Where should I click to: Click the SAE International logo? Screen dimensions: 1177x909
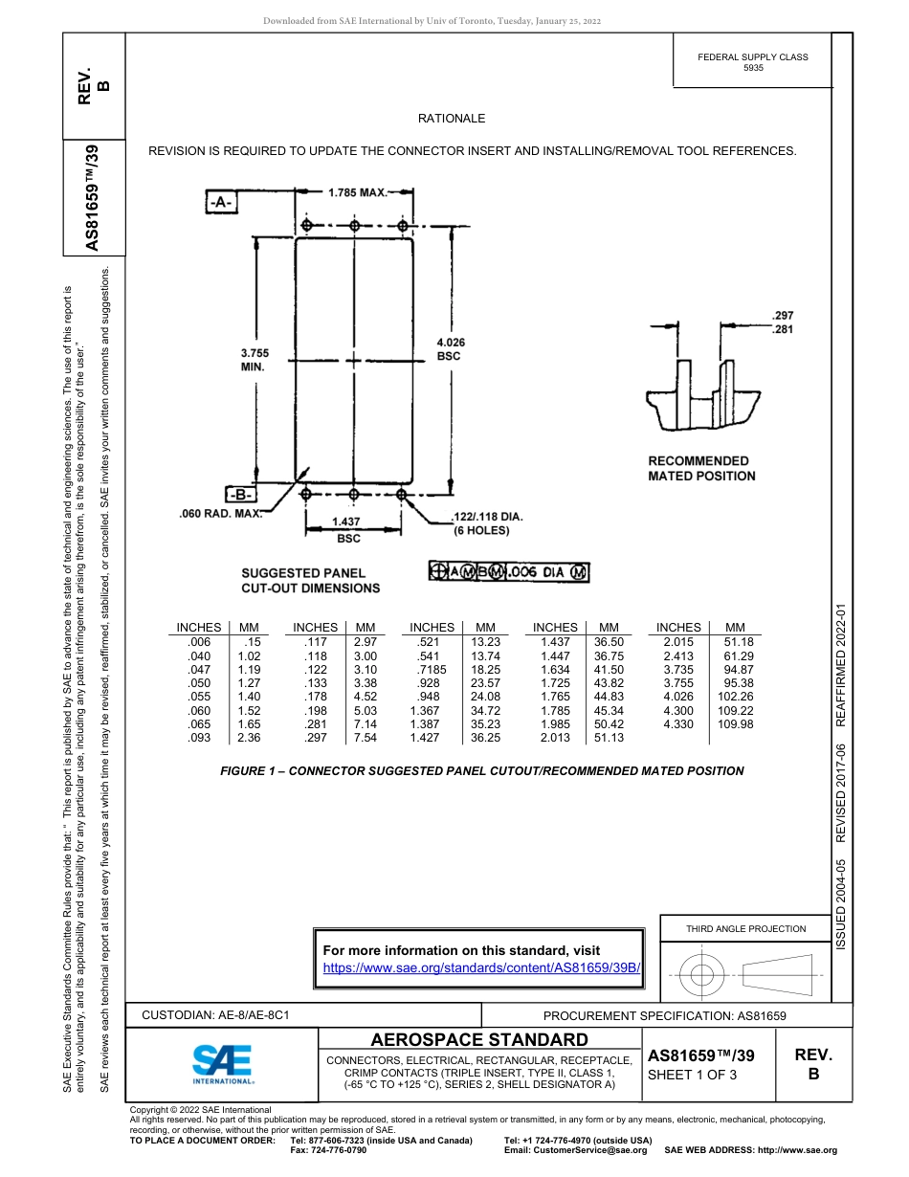coord(223,1062)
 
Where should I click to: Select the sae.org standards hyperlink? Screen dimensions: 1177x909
coord(481,967)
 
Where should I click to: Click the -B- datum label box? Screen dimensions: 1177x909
coord(239,495)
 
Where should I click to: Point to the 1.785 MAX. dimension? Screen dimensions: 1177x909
coord(357,192)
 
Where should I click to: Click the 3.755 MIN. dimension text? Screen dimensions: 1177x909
coord(255,359)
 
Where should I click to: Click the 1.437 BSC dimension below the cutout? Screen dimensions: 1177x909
coord(348,529)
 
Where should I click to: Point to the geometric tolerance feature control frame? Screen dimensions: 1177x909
coord(509,571)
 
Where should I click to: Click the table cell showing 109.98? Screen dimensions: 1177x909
coord(735,724)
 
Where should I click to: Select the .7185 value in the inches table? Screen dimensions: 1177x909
coord(432,670)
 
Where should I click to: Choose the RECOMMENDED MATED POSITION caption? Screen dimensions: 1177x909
coord(701,468)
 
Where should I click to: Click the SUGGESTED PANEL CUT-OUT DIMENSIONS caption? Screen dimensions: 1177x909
coord(310,581)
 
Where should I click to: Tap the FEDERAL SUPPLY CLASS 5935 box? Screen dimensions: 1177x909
coord(752,62)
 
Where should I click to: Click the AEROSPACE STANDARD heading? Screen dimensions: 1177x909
coord(479,1039)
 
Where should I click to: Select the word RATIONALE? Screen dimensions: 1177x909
coord(452,119)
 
